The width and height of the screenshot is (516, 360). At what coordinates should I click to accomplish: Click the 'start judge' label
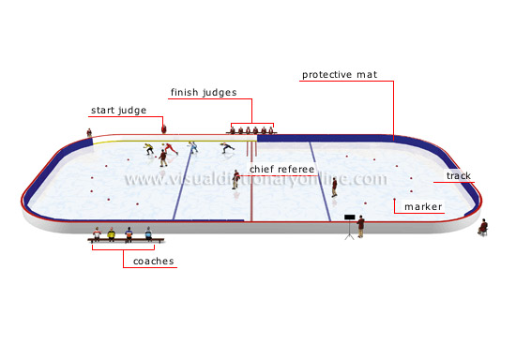click(118, 111)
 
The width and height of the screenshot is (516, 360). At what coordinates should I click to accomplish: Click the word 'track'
click(459, 176)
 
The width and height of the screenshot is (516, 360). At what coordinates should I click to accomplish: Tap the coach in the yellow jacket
click(112, 234)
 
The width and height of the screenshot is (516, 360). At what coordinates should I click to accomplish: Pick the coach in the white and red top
click(96, 234)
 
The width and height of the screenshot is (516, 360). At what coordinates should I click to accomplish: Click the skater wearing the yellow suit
click(148, 148)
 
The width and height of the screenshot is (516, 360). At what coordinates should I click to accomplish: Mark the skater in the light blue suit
click(192, 147)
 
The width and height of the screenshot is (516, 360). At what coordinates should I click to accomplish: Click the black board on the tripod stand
click(349, 218)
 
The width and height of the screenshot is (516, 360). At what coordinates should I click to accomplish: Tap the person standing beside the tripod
click(360, 225)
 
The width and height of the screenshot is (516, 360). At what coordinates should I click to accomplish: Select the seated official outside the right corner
click(483, 227)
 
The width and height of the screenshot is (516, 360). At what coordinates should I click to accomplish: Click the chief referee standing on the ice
click(236, 178)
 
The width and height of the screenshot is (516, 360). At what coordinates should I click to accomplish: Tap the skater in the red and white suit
click(168, 151)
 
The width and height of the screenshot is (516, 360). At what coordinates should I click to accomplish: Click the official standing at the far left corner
click(90, 133)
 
